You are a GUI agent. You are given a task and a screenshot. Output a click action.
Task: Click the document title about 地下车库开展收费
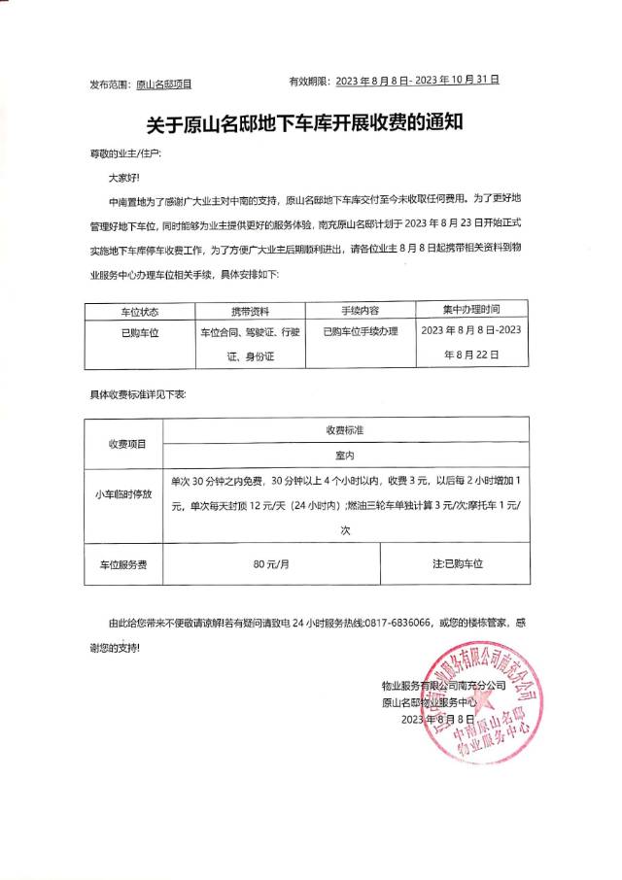coord(310,123)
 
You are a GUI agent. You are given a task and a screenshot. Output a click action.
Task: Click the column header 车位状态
coord(138,312)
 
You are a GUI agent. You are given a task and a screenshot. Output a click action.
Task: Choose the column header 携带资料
coord(250,312)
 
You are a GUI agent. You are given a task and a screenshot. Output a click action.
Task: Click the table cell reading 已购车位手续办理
coord(361,332)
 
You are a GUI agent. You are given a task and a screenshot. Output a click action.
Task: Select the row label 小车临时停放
coord(123,494)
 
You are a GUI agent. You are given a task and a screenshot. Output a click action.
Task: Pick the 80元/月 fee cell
coord(271,563)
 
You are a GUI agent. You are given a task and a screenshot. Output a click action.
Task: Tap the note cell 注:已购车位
coord(457,563)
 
